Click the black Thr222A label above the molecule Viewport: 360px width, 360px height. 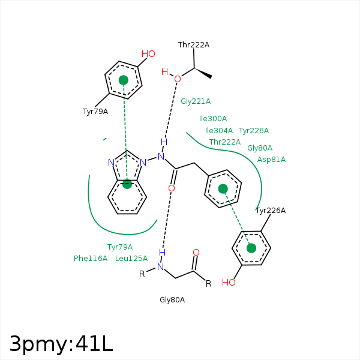194,45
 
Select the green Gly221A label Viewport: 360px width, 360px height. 196,101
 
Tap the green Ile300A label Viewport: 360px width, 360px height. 213,118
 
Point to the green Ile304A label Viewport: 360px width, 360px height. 219,130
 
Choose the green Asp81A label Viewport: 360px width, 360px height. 271,160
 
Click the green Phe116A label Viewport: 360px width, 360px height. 91,258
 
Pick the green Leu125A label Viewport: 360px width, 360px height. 131,258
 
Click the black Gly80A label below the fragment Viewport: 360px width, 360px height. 172,300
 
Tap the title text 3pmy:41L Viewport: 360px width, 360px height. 61,344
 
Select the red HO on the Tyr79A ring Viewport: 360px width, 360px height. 148,54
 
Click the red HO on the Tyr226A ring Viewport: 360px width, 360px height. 229,283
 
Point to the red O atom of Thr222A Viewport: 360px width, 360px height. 178,79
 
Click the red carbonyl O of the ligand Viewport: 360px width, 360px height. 172,188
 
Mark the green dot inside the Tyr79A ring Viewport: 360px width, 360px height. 124,80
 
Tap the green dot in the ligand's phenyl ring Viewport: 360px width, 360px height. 223,189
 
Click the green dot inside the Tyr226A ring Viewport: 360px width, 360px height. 251,248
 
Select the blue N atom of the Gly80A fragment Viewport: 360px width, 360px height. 161,267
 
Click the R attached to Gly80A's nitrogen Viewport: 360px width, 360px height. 142,274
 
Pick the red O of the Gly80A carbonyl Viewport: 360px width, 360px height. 196,253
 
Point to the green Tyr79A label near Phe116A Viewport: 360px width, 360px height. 120,247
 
